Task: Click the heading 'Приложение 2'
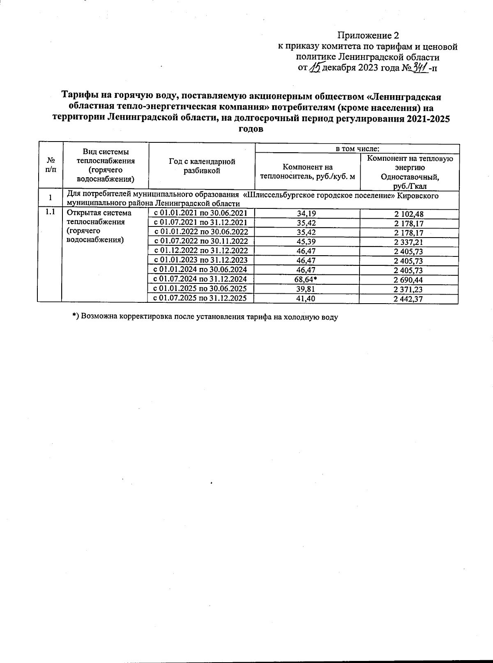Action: click(x=368, y=35)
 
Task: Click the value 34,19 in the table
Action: click(x=306, y=213)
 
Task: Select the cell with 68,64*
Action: click(x=306, y=279)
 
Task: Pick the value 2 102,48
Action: click(x=408, y=214)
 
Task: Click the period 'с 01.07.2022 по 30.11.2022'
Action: click(x=200, y=241)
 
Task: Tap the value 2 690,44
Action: click(x=408, y=280)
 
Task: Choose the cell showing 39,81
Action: click(x=306, y=289)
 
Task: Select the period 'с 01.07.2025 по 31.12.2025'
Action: click(x=200, y=298)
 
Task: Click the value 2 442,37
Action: click(x=408, y=299)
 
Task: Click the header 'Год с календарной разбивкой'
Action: click(x=202, y=166)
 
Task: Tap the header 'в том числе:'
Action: click(x=357, y=149)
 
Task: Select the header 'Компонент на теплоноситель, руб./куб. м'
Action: click(x=307, y=172)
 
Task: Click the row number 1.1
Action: click(x=50, y=213)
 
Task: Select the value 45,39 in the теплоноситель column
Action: click(x=306, y=241)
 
